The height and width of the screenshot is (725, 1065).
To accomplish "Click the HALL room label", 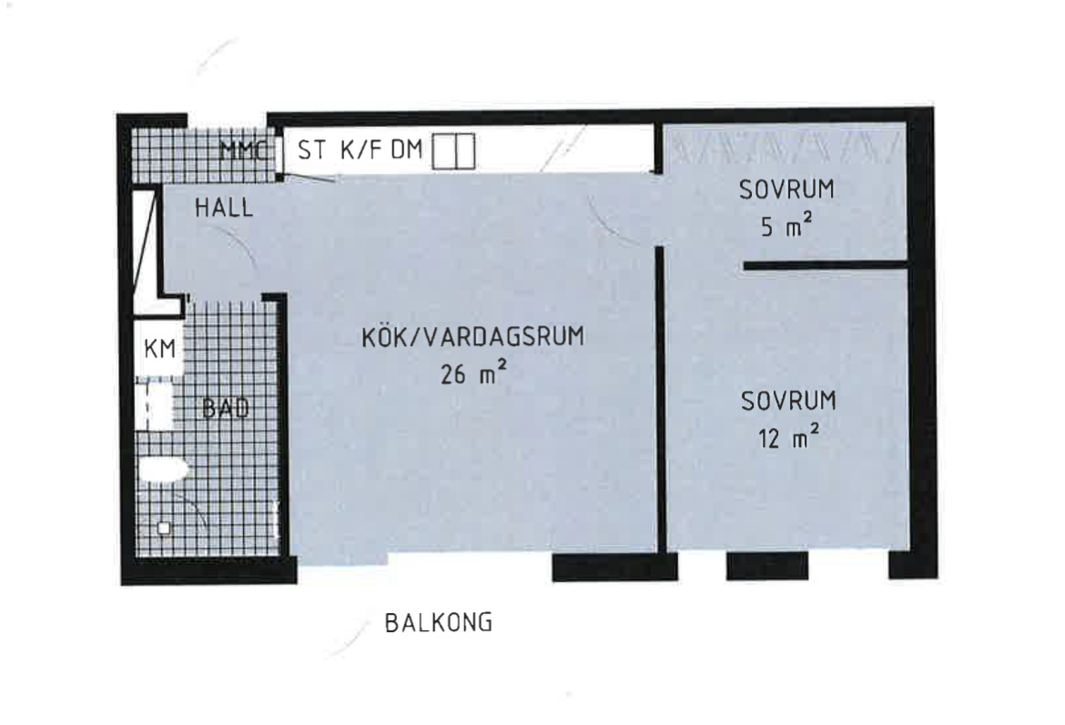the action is click(224, 208).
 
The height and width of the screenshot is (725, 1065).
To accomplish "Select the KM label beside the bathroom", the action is click(160, 349).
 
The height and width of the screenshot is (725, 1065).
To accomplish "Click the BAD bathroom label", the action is click(226, 408).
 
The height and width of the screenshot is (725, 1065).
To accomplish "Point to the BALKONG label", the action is click(439, 623).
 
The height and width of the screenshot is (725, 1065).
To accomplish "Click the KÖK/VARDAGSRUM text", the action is click(472, 337).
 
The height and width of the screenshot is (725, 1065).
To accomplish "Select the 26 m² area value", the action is click(472, 373).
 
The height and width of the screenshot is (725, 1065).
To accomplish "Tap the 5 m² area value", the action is click(786, 226).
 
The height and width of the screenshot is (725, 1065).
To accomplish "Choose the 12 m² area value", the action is click(788, 437).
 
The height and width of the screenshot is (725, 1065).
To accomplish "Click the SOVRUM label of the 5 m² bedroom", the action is click(786, 189).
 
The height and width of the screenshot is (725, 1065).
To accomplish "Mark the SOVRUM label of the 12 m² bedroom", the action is click(788, 401).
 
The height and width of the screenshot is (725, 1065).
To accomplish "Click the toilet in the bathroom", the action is click(163, 470).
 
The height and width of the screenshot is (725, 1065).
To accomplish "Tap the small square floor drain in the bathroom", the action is click(164, 528).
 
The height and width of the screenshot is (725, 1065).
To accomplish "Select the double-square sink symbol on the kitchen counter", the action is click(453, 151).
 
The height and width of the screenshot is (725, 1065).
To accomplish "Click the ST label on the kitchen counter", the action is click(311, 150).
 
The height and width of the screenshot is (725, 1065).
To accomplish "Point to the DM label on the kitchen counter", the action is click(407, 150).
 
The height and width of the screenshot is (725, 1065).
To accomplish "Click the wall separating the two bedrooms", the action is click(826, 265).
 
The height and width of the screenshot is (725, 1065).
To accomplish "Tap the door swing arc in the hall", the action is click(240, 246).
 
